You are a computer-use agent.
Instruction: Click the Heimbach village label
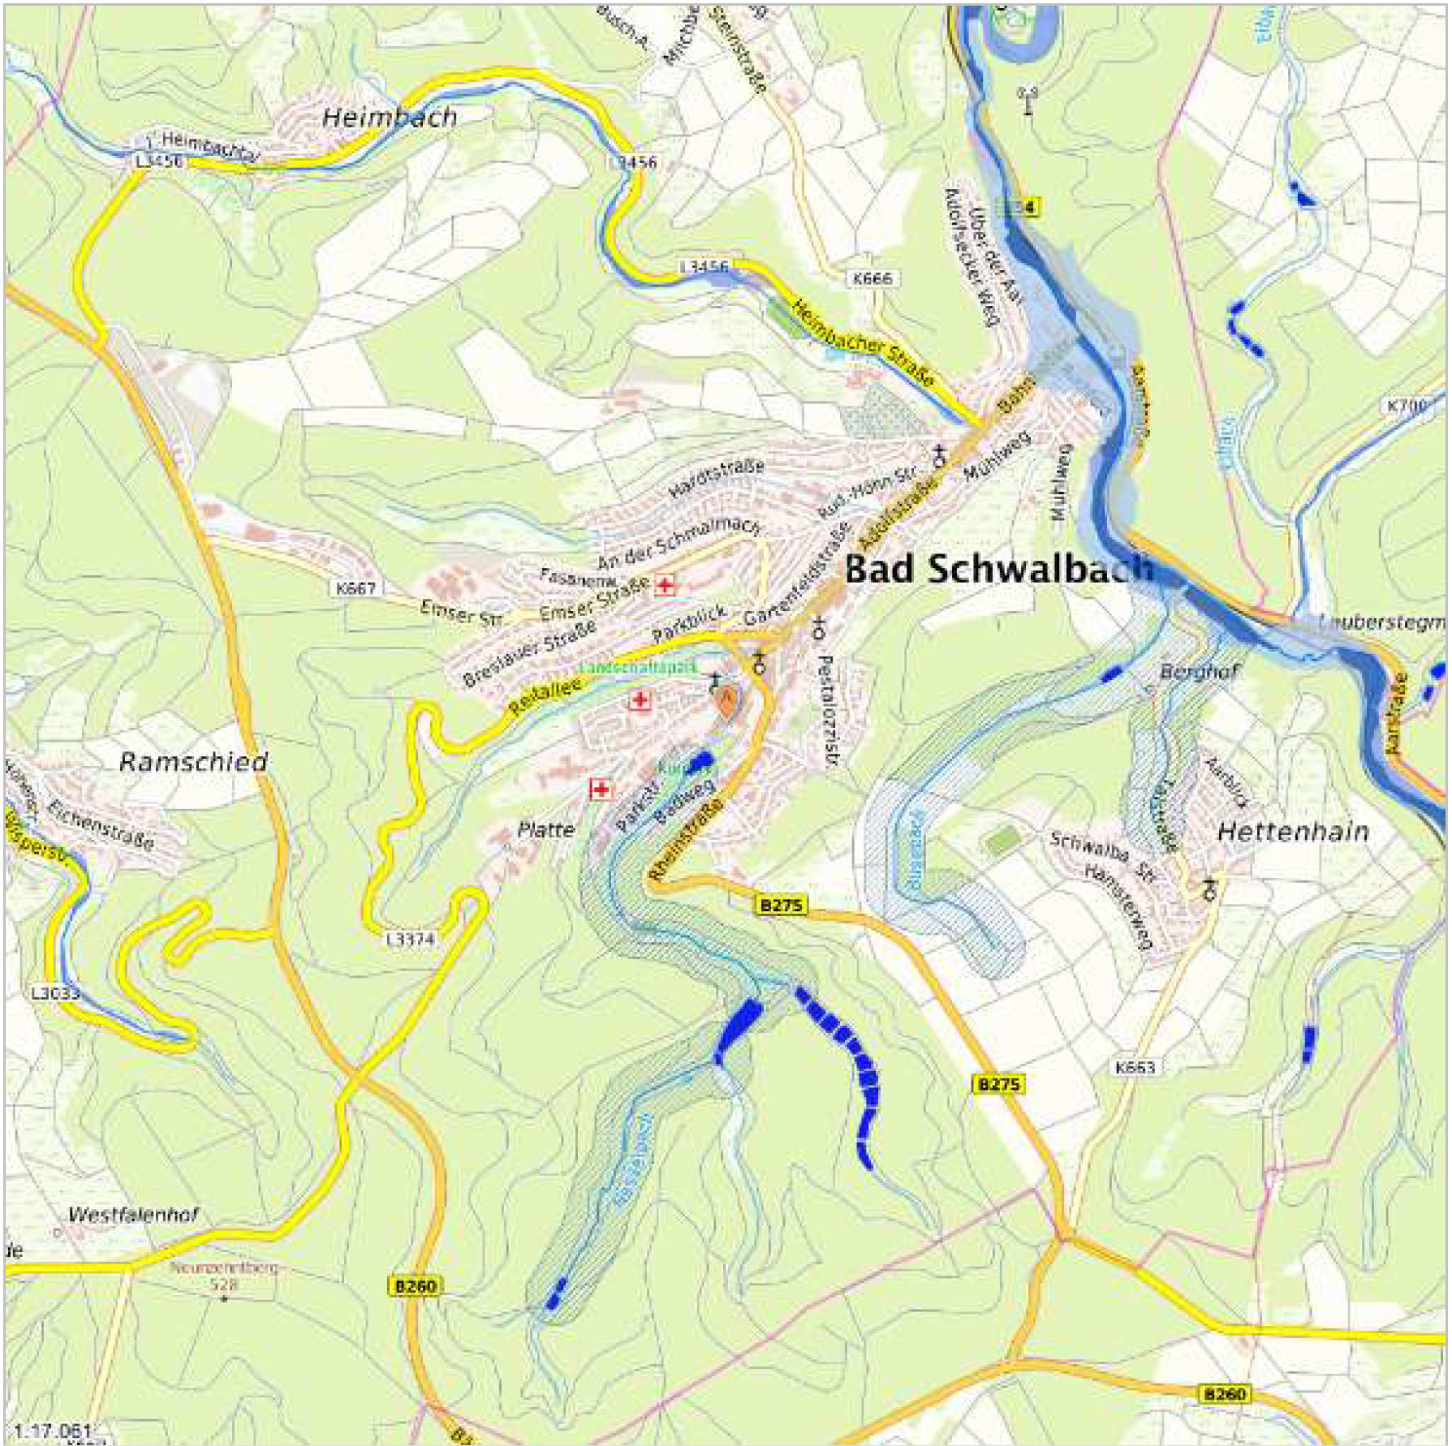[390, 118]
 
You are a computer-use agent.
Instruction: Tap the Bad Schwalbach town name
[998, 569]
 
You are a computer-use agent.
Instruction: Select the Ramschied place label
[193, 762]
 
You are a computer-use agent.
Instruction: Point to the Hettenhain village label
[1293, 832]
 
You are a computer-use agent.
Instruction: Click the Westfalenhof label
[133, 1215]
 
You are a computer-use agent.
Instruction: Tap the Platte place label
[546, 829]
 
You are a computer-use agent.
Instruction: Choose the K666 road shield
[872, 278]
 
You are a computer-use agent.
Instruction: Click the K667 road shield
[355, 587]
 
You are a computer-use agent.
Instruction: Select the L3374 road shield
[411, 940]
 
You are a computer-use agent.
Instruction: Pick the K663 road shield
[1135, 1067]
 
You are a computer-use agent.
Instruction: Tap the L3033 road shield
[55, 992]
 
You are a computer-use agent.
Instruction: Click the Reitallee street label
[545, 697]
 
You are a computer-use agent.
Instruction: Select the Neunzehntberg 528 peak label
[223, 1276]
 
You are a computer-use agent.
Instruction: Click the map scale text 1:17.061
[53, 1430]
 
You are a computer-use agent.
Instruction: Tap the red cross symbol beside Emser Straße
[665, 586]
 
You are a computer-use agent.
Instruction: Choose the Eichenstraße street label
[100, 824]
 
